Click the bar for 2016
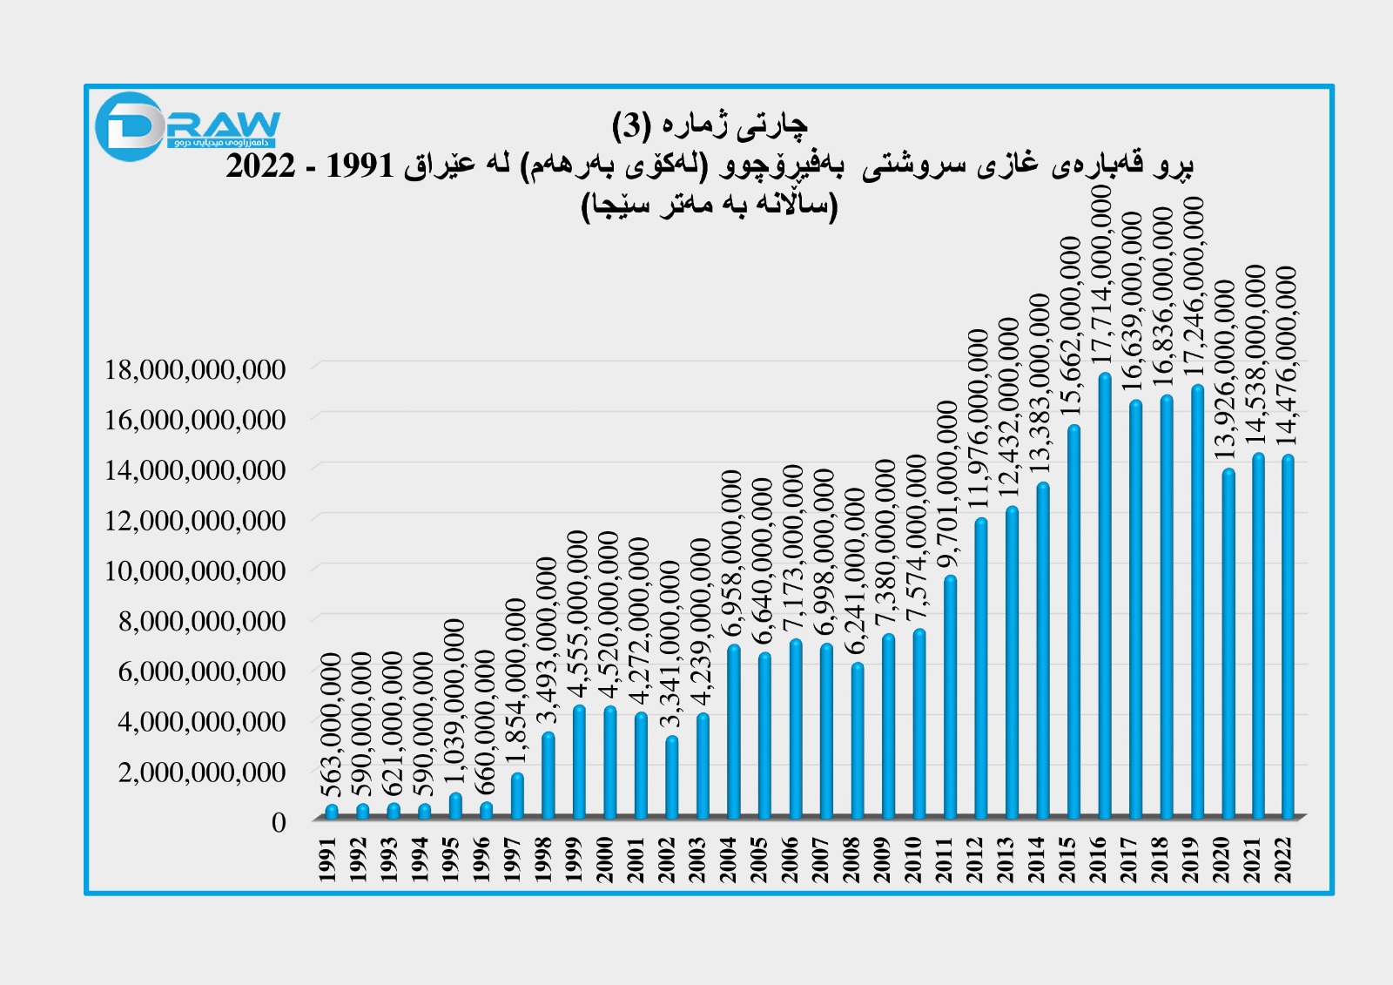1105,597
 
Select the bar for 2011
950,697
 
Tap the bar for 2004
734,732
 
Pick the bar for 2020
1228,644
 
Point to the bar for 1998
548,775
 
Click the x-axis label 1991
327,860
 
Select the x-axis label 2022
1283,860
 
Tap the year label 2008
851,860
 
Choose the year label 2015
1067,860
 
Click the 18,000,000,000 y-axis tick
195,369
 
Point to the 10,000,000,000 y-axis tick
195,570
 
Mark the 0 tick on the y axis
279,822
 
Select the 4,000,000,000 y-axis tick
202,721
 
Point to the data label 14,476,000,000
1288,357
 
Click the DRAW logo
187,127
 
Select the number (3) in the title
631,125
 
